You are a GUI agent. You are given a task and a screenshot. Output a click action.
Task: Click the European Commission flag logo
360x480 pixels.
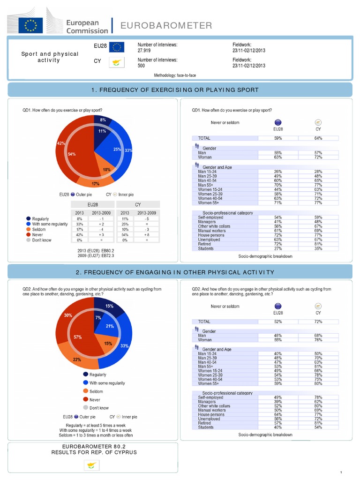click(x=30, y=25)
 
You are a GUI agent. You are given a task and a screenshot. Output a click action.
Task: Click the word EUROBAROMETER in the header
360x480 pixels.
click(x=166, y=25)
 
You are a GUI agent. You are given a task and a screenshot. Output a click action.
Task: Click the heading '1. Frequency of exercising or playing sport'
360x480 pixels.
click(x=180, y=90)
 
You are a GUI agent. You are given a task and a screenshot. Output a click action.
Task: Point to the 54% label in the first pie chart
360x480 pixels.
click(x=72, y=153)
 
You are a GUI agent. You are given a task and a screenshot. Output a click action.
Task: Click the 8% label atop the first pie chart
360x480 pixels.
click(x=103, y=120)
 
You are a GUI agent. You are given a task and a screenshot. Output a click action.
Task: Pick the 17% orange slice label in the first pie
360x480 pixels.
click(x=95, y=183)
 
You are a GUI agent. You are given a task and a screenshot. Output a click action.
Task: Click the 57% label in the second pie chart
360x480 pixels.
click(x=78, y=337)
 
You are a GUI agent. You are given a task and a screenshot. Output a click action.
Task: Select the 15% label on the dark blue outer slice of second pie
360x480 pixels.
click(x=109, y=306)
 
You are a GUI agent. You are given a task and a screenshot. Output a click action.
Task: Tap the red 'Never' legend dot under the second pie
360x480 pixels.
click(x=86, y=399)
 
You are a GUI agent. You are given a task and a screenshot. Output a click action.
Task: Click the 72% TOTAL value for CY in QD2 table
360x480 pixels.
click(x=318, y=322)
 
